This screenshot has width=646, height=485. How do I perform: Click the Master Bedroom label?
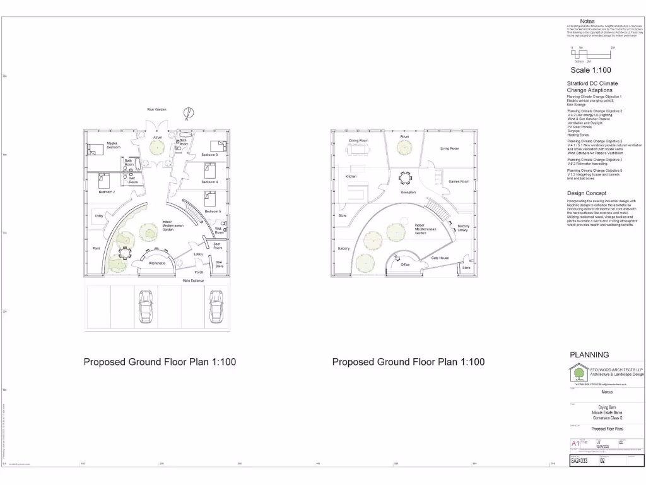tap(113, 145)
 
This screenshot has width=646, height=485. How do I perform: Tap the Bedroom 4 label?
tap(209, 182)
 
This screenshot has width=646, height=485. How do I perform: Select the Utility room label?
tap(99, 216)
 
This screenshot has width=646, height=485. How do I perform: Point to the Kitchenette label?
tap(157, 263)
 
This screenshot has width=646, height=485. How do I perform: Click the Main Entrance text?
tap(194, 280)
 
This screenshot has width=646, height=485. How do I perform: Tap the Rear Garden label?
tap(156, 109)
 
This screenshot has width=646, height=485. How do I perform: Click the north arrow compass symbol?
tap(189, 113)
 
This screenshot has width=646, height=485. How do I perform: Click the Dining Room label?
tap(358, 140)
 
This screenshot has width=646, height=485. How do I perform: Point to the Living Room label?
tap(449, 148)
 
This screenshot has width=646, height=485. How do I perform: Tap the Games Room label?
tap(459, 181)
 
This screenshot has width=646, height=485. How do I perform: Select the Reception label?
tap(408, 192)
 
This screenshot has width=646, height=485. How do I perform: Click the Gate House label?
tap(440, 258)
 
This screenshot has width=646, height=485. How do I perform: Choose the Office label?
tap(405, 265)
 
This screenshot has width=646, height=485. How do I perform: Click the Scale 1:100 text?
tap(590, 70)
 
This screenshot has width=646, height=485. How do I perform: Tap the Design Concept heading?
tap(587, 193)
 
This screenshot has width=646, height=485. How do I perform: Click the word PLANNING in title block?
tap(589, 355)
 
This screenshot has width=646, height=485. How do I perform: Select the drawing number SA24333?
tap(579, 461)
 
